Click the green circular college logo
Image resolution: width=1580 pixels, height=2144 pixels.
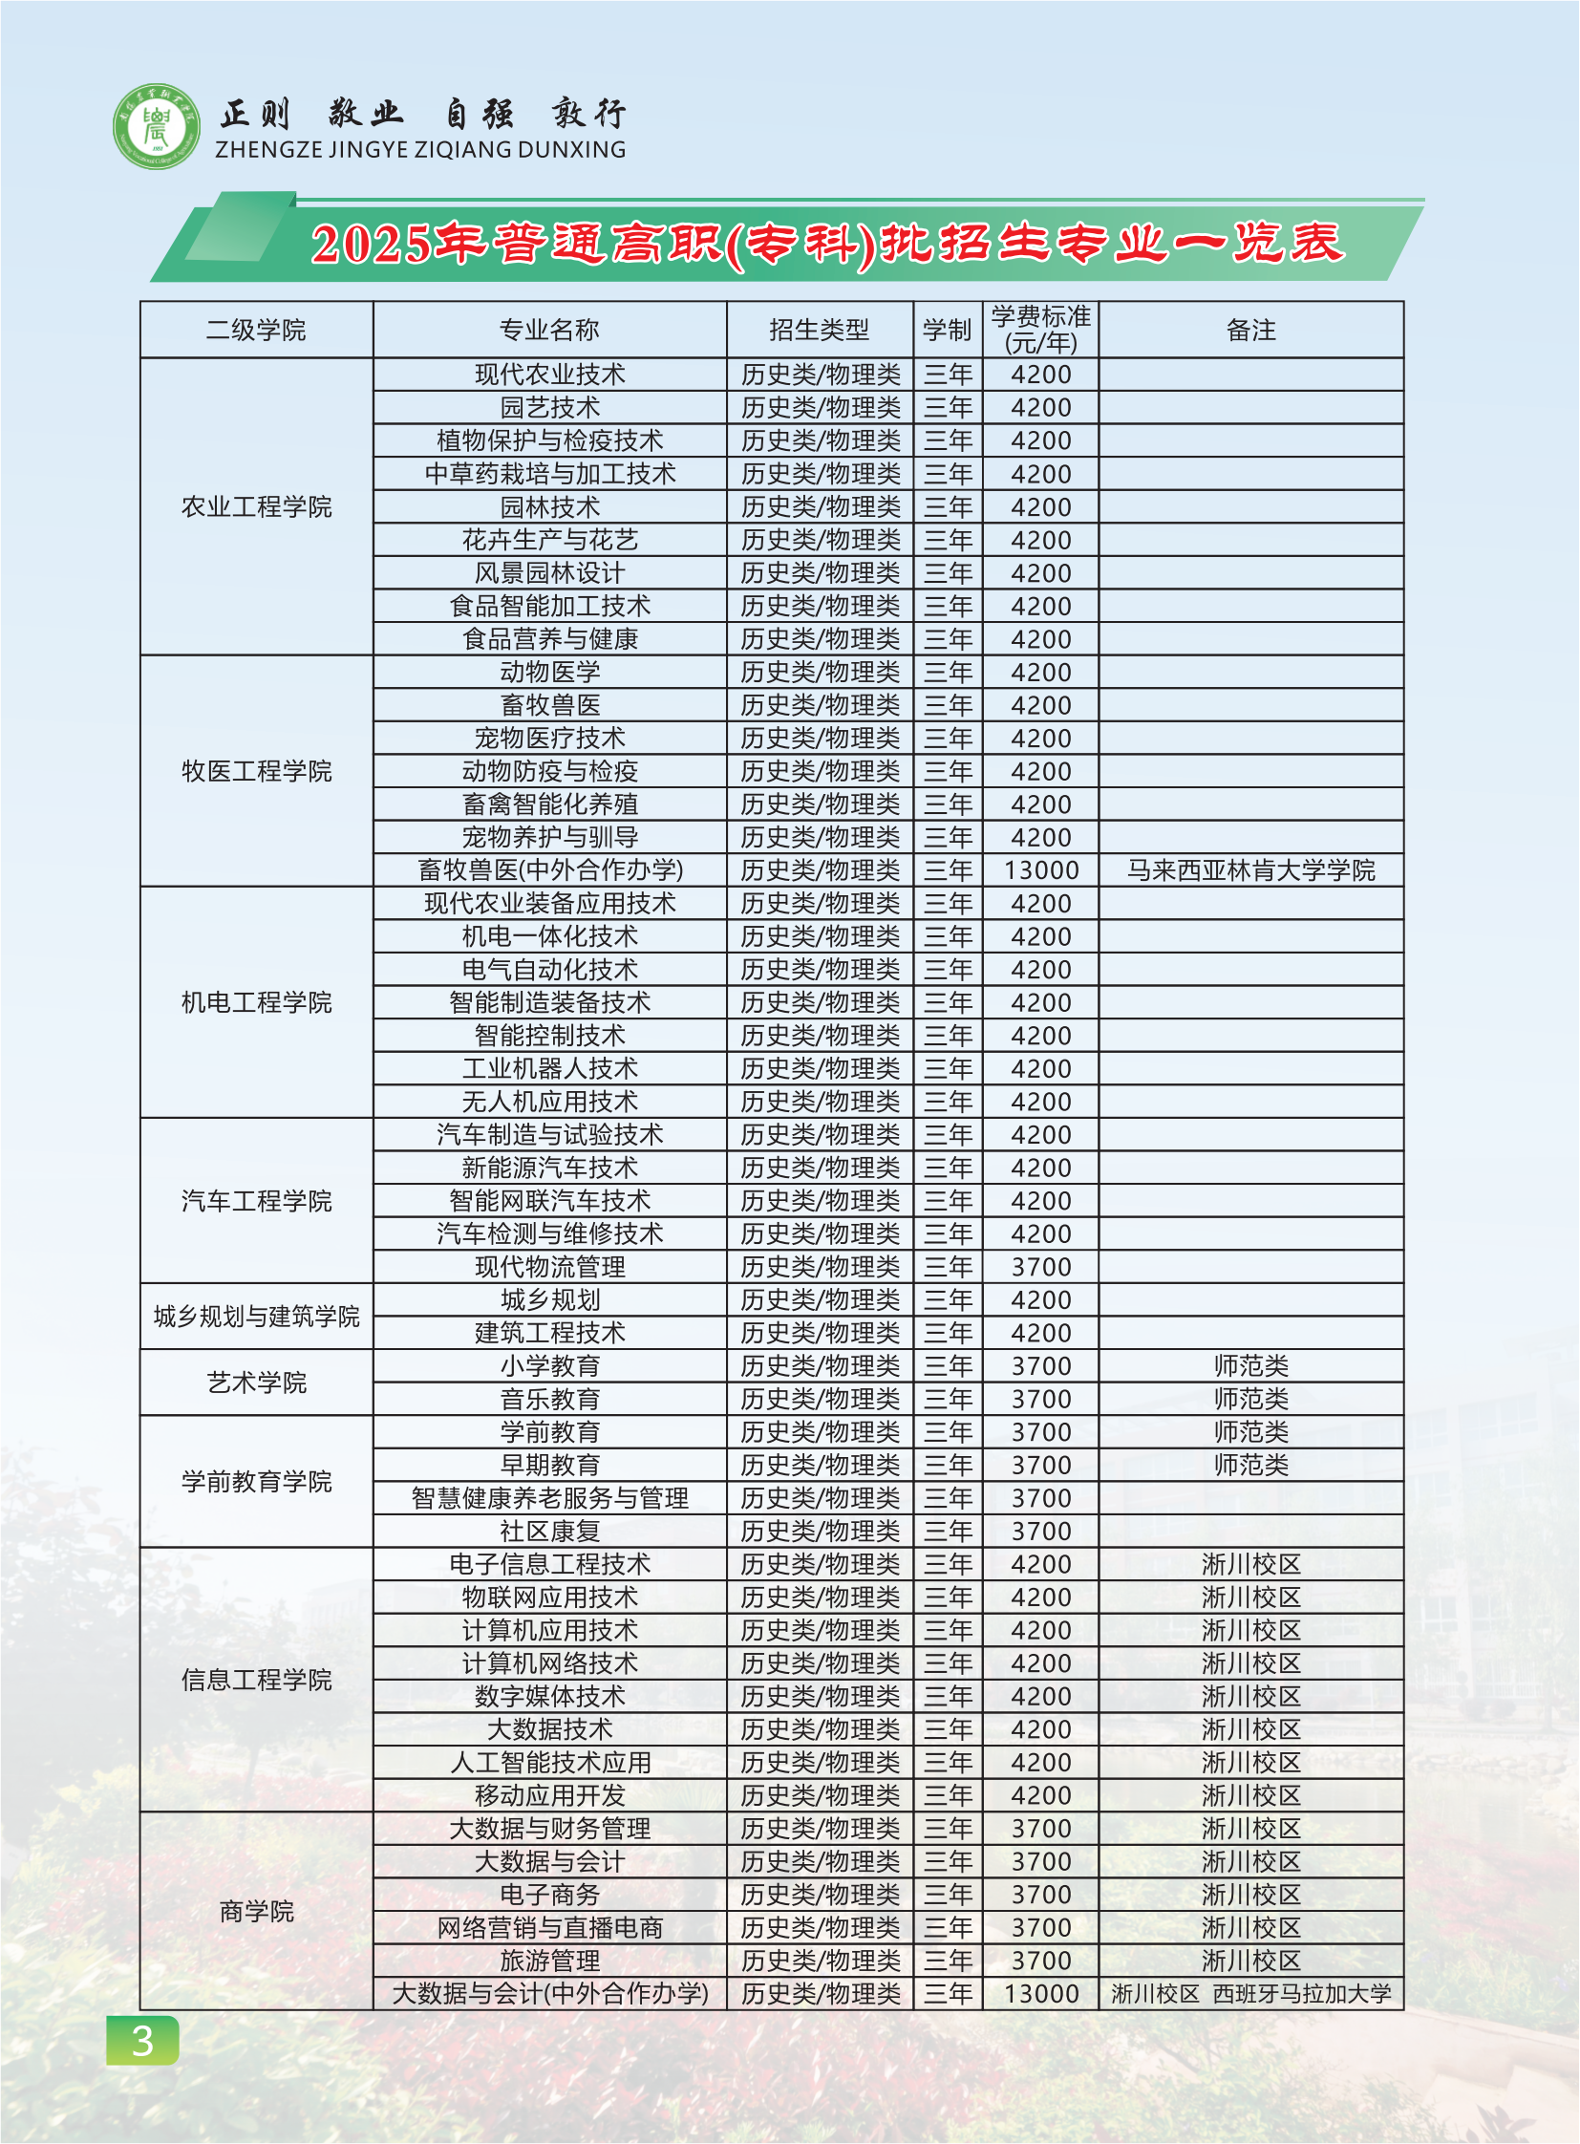click(x=156, y=126)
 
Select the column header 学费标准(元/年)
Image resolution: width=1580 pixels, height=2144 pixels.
click(x=1040, y=330)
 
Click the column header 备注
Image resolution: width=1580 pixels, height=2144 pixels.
click(x=1250, y=331)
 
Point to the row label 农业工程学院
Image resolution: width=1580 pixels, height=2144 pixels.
click(x=256, y=507)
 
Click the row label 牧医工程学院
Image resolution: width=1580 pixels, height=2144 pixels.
click(x=256, y=771)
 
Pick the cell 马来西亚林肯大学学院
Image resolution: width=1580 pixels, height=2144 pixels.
click(x=1250, y=870)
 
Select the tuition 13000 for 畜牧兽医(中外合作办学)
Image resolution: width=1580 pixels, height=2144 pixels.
click(x=1040, y=870)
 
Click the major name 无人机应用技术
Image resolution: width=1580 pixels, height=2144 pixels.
click(x=549, y=1103)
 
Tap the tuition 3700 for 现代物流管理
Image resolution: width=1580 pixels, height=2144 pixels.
click(x=1040, y=1268)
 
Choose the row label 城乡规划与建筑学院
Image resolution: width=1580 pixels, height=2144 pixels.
click(x=256, y=1318)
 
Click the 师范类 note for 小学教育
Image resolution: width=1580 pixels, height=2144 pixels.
click(x=1250, y=1366)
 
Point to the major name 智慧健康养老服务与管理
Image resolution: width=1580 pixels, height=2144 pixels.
click(x=549, y=1498)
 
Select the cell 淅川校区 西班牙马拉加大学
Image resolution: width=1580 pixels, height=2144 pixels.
click(x=1250, y=1994)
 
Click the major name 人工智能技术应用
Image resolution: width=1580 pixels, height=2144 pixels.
click(x=549, y=1762)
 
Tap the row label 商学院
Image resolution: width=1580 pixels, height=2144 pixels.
click(x=256, y=1912)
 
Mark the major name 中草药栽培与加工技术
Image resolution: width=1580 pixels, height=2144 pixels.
click(x=549, y=475)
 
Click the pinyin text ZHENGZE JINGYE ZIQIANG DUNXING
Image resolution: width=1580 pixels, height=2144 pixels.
click(x=420, y=150)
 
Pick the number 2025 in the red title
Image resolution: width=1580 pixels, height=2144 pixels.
click(x=370, y=244)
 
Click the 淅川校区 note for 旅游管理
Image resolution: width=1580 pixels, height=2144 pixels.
click(x=1250, y=1962)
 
